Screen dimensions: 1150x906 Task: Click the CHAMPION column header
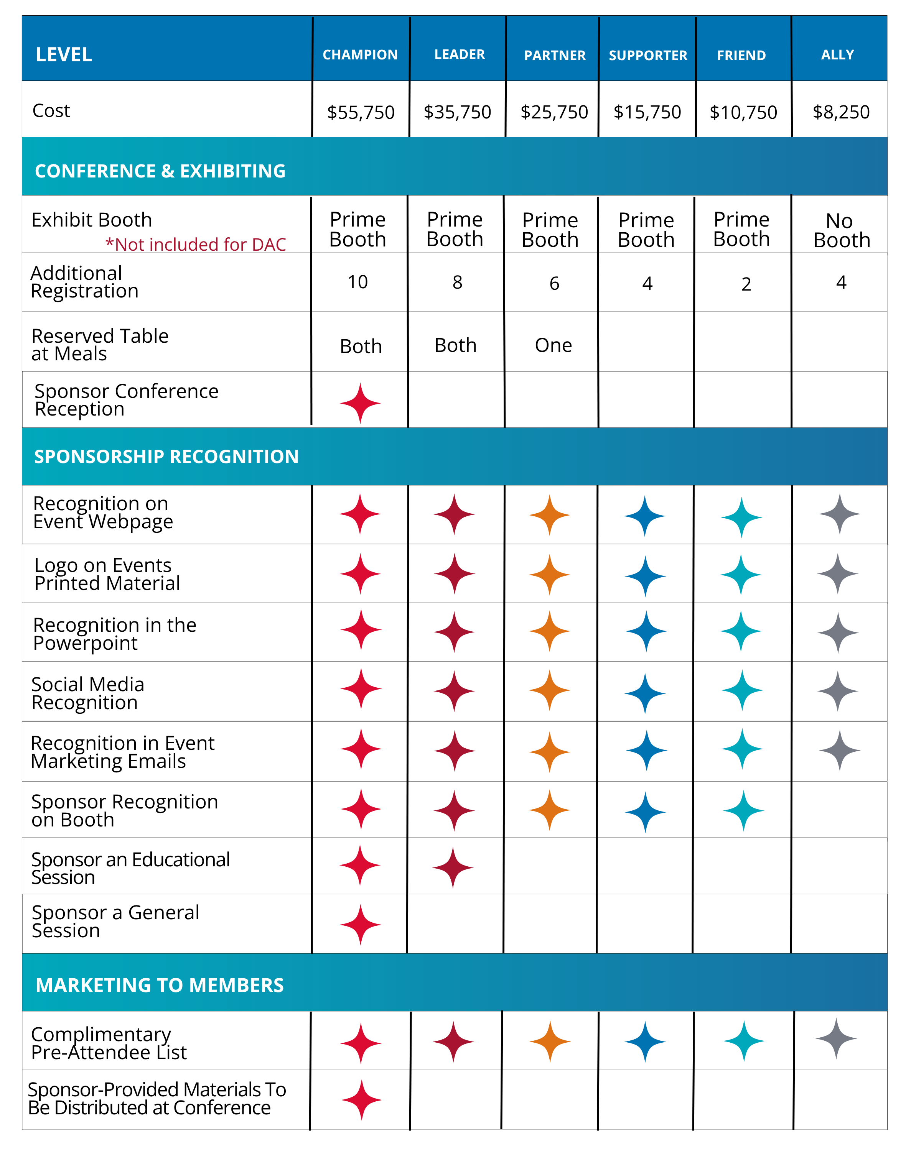coord(360,54)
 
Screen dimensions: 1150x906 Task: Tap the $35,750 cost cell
coord(457,112)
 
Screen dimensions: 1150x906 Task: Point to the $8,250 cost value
coord(841,112)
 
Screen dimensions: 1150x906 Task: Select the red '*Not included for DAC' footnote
coord(195,245)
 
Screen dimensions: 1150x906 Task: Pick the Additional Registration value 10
coord(357,282)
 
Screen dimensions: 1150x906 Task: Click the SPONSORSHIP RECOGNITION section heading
coord(166,457)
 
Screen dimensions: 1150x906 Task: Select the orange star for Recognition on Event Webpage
coord(550,515)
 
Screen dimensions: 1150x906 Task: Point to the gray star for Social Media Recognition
coord(838,691)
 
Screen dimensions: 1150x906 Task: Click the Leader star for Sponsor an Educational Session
coord(453,867)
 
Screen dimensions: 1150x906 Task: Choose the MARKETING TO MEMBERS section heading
coord(160,985)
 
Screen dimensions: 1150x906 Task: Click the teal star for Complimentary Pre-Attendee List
coord(744,1041)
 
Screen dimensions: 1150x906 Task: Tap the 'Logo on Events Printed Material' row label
coord(107,574)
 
